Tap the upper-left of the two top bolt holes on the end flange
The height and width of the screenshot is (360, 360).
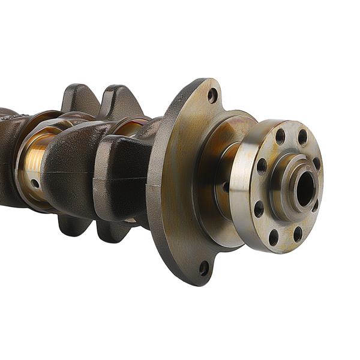[x=280, y=136]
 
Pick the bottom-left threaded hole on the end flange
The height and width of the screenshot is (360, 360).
[x=274, y=237]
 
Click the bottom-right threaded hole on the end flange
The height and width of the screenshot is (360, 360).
[x=297, y=234]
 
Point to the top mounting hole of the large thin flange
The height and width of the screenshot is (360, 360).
[x=212, y=95]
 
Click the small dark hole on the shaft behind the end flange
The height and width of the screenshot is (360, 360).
[x=226, y=187]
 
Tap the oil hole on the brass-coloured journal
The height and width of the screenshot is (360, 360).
[x=35, y=183]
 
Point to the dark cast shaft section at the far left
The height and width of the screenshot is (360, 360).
[x=7, y=156]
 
